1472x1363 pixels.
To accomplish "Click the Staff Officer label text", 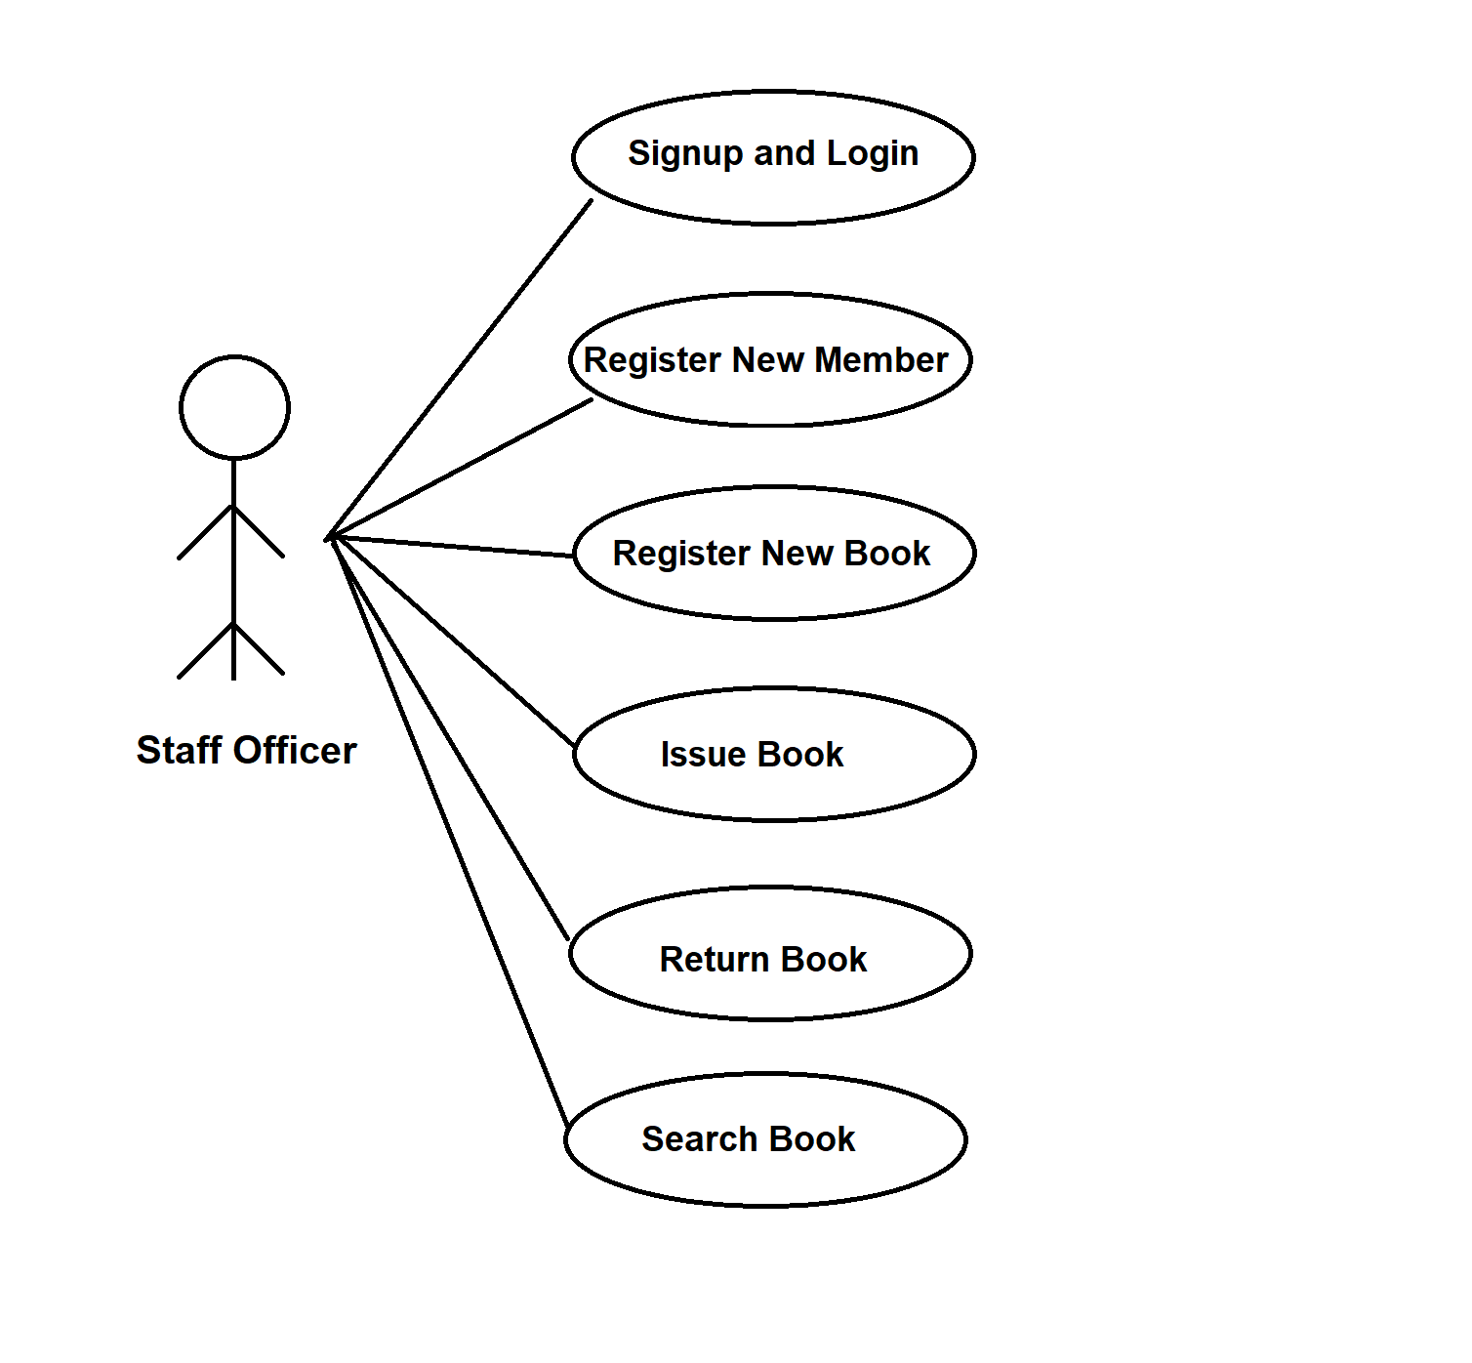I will pos(246,751).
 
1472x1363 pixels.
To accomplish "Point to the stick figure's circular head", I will pos(234,407).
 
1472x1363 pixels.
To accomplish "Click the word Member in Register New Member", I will pos(880,360).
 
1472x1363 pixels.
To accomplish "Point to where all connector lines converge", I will pos(332,537).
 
